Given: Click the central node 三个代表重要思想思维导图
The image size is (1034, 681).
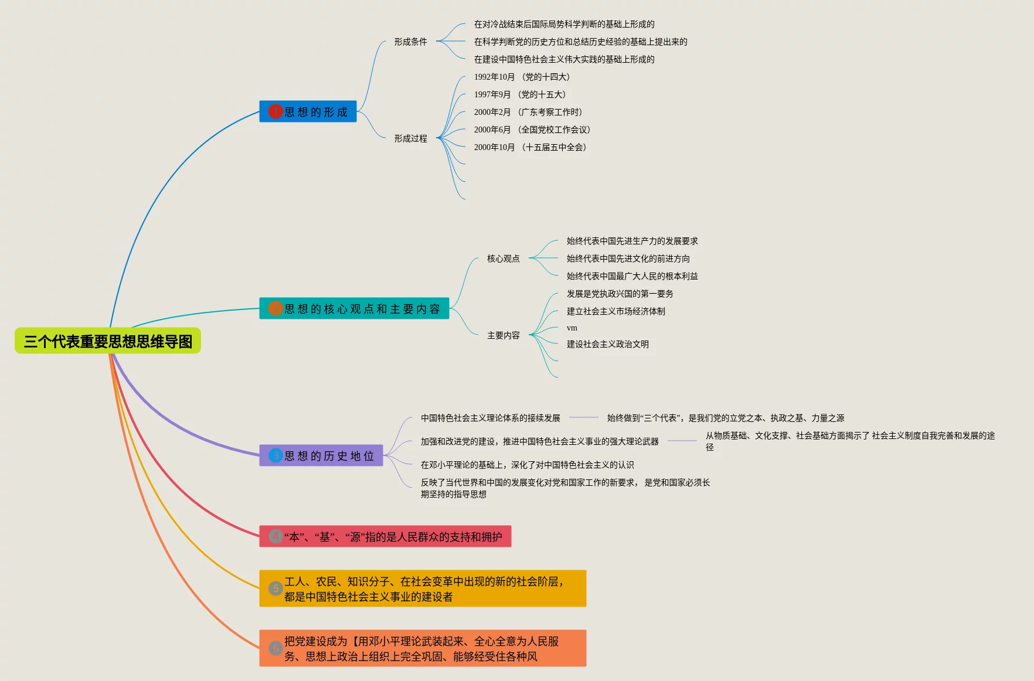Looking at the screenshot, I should point(108,341).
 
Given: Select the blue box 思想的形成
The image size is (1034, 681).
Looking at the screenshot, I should point(308,111).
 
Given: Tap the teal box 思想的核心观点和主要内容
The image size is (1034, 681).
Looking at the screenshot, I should point(355,309).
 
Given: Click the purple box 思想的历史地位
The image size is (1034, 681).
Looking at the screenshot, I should point(321,456).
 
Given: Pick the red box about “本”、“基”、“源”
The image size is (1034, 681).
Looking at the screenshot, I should point(385,537).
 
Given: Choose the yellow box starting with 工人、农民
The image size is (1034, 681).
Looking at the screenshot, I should point(423,588).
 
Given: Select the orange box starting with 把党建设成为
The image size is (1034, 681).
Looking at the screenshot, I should point(423,648).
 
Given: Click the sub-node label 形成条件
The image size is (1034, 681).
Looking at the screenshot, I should point(410,42).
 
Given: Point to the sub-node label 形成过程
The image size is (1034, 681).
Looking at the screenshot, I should point(410,138).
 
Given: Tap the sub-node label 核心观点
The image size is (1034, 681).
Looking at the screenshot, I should point(503,258).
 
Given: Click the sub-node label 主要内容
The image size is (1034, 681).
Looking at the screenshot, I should point(503,335).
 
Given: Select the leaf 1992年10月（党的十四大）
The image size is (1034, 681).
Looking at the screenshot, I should point(522,77).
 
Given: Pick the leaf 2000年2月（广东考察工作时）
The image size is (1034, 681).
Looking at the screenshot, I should point(528,112).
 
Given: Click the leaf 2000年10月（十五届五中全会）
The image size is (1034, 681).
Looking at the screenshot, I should point(530,147).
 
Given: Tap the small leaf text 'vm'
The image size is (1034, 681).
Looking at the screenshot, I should point(572,328).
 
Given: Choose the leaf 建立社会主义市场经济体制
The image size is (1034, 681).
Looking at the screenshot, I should point(615,311).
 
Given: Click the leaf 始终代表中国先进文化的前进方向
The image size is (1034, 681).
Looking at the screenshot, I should point(628,258).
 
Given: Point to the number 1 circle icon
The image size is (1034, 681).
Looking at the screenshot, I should point(275,111).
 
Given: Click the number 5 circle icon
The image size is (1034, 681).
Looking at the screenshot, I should point(275,588).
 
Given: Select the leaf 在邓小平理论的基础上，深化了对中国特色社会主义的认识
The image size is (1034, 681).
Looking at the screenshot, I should point(527,465).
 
